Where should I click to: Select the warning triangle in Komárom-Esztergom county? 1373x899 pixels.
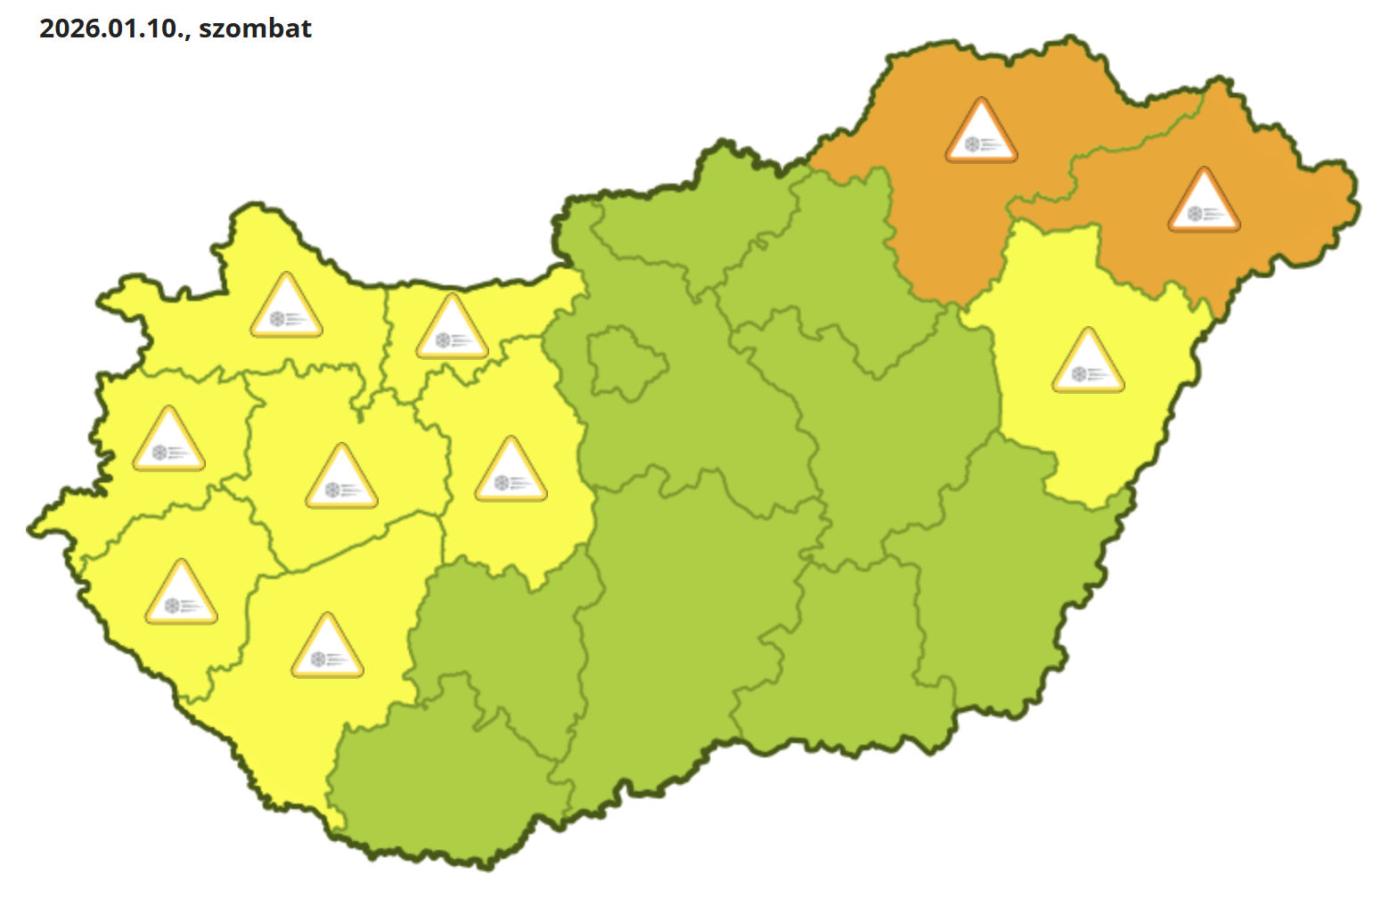tap(452, 327)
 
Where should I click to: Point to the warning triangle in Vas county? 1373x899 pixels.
tap(168, 439)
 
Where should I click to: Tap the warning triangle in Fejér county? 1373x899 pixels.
tap(511, 470)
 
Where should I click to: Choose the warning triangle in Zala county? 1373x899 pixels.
tap(181, 593)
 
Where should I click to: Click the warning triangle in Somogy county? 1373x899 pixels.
tap(327, 646)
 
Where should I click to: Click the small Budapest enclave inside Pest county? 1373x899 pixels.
tap(625, 361)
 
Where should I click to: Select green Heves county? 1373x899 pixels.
tap(829, 267)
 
